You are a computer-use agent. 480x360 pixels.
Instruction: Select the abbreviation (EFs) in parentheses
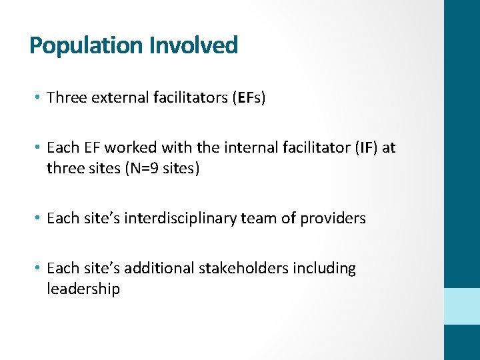point(249,98)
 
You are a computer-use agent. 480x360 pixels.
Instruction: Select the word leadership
point(83,289)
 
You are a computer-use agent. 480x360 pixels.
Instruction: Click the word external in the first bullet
point(114,98)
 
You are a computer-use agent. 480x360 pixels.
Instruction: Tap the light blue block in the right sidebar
point(462,306)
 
